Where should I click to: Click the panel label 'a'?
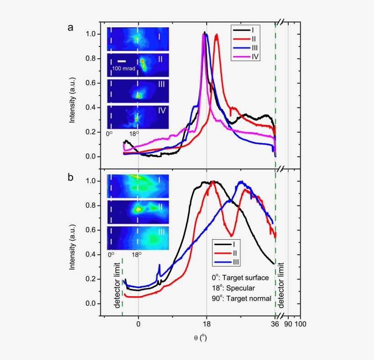click(70, 28)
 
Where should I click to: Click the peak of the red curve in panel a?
click(216, 35)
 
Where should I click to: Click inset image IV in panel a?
click(138, 117)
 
